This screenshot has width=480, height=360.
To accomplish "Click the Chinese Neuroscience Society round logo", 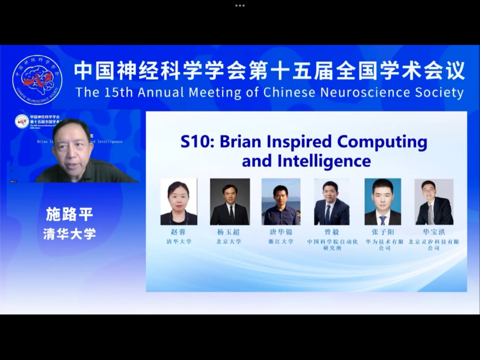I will tap(37, 80).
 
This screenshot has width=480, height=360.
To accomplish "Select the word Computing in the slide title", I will tap(382, 141).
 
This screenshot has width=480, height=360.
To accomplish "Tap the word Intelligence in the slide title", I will tap(324, 161).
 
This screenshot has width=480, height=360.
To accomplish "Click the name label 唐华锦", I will tap(281, 232).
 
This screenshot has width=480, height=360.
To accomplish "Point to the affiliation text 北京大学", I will tap(229, 241).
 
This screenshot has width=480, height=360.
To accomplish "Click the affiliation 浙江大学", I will tap(281, 241).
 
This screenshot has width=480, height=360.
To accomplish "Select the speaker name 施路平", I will tap(70, 214).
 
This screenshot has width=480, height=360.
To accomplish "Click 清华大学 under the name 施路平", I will tap(70, 234).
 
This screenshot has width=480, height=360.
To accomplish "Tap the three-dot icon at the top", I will tap(240, 6).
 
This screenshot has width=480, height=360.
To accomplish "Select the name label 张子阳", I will tap(383, 232).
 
